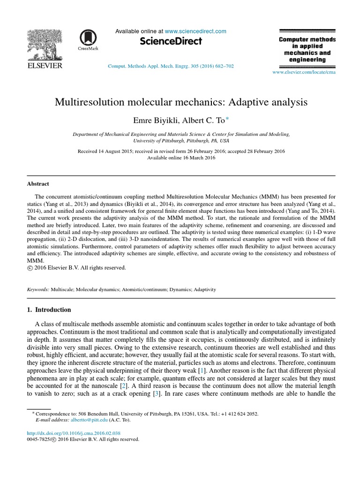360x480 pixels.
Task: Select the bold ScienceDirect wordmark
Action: click(171, 41)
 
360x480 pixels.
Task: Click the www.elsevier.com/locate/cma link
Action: click(304, 72)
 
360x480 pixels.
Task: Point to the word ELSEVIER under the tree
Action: click(45, 66)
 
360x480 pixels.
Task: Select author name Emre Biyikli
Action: click(152, 120)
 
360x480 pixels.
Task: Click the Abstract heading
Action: click(37, 184)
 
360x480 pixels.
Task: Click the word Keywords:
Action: click(37, 290)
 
